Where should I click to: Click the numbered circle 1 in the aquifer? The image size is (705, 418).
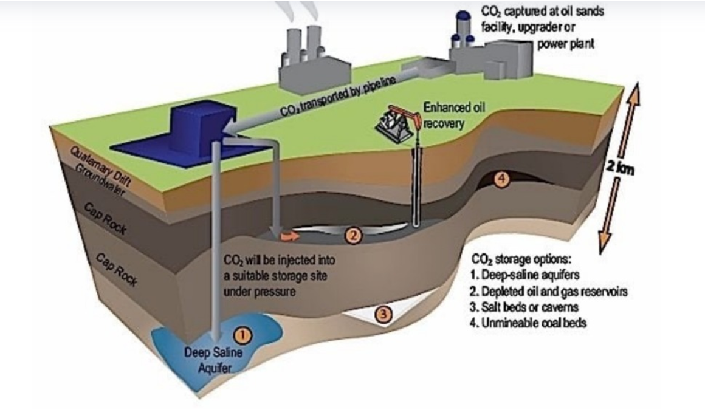242,334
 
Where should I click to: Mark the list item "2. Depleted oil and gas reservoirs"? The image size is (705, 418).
549,291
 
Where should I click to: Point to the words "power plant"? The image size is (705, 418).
565,44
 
